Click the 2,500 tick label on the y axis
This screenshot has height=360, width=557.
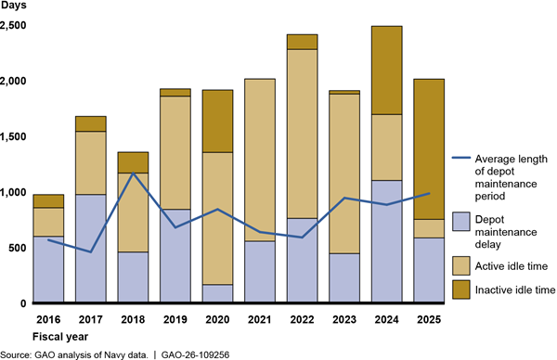coord(13,26)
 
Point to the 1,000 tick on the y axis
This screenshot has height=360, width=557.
coord(13,192)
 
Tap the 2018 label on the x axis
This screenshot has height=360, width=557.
coord(133,319)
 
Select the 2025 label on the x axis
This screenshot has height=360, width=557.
coord(429,319)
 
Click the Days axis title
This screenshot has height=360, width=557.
coord(13,5)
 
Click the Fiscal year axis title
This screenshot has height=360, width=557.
coord(60,337)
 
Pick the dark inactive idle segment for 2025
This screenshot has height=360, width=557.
coord(429,149)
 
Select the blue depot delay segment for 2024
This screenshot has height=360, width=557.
coord(386,241)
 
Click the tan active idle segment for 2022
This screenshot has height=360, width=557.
coord(302,134)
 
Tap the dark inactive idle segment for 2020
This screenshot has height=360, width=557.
coord(217,122)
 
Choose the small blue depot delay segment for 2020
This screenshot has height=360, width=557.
coord(217,293)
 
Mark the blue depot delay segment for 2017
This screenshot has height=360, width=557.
coord(91,249)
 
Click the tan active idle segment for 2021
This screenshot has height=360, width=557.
coord(260,161)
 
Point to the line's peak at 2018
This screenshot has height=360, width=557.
coord(133,173)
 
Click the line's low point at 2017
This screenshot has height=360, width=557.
coord(91,252)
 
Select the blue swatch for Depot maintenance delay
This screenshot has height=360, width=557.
coord(461,222)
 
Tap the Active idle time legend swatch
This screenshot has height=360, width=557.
coord(461,266)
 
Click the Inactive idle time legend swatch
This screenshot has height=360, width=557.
coord(461,289)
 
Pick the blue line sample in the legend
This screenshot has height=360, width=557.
coord(461,158)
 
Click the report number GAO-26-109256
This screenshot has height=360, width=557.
coord(195,354)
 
